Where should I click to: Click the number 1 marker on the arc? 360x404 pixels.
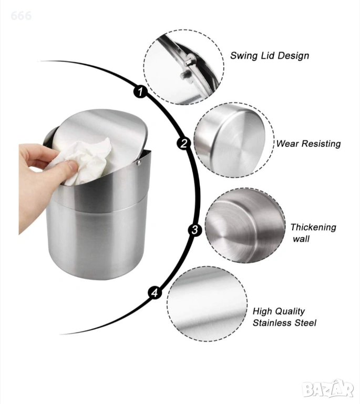pyautogui.click(x=140, y=91)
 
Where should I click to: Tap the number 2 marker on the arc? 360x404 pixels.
pyautogui.click(x=183, y=143)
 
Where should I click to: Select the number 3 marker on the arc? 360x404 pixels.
pyautogui.click(x=195, y=229)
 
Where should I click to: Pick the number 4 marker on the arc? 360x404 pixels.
pyautogui.click(x=155, y=292)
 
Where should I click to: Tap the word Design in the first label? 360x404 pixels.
pyautogui.click(x=293, y=56)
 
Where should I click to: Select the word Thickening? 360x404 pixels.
pyautogui.click(x=313, y=227)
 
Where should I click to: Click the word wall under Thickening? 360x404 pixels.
pyautogui.click(x=301, y=239)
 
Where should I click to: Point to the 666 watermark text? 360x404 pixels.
pyautogui.click(x=21, y=16)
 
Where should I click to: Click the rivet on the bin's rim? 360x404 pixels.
pyautogui.click(x=139, y=163)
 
